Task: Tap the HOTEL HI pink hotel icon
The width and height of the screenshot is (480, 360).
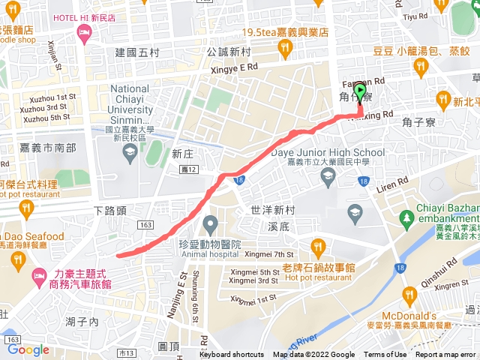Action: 83,32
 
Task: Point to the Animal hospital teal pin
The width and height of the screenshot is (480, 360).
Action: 211,223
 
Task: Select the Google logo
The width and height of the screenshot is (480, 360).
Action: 28,349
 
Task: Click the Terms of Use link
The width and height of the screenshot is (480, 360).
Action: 385,355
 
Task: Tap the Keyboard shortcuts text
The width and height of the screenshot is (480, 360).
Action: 232,355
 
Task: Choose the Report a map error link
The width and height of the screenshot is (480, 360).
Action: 445,355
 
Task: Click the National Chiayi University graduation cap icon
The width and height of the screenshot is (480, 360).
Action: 130,153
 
